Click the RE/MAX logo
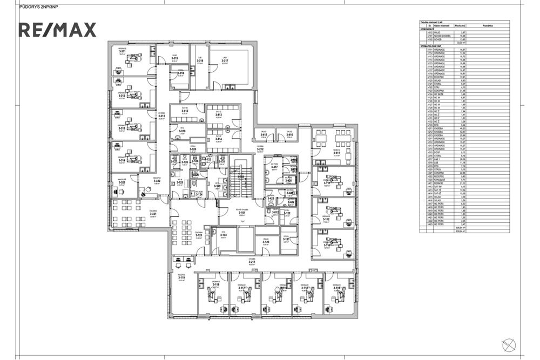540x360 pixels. click(58, 30)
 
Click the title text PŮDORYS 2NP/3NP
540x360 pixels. click(38, 7)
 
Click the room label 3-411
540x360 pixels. click(336, 153)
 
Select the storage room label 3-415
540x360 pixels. click(265, 135)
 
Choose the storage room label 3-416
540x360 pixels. click(290, 135)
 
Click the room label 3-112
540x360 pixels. click(326, 219)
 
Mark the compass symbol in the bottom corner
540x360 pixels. click(508, 345)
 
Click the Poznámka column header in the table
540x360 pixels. click(485, 25)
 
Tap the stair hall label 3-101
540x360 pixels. click(242, 213)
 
